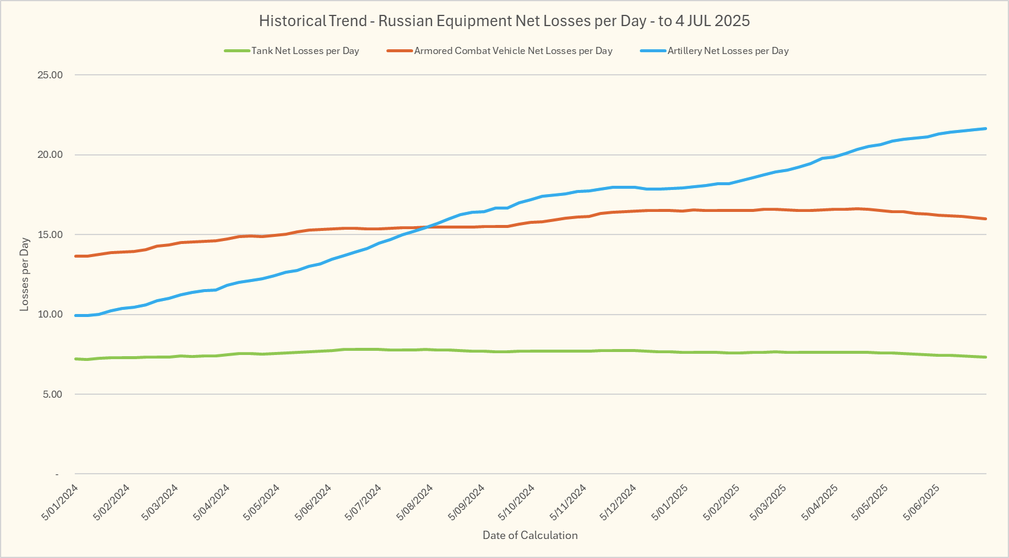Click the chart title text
tap(504, 21)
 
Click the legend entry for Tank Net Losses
tap(305, 51)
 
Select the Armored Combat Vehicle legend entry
tap(513, 51)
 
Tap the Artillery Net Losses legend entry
tap(728, 51)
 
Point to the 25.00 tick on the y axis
tap(50, 75)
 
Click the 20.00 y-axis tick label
tap(50, 155)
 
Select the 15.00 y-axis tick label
tap(50, 234)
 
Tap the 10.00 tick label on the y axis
tap(50, 315)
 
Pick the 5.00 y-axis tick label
tap(52, 394)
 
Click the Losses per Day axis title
tap(24, 274)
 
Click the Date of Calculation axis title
tap(530, 535)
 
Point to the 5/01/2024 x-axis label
tap(60, 502)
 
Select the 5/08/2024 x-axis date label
tap(415, 502)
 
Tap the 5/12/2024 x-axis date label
tap(618, 502)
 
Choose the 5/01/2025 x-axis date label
tap(670, 502)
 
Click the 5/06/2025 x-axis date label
tap(921, 502)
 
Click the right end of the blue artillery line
tap(985, 129)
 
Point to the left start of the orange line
tap(76, 256)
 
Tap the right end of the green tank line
tap(985, 357)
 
